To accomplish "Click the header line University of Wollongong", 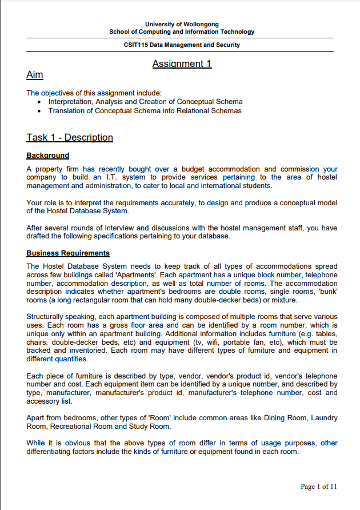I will point(181,24).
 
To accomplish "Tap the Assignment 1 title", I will point(182,64).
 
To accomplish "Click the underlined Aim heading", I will point(35,75).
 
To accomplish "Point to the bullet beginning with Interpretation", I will point(145,102).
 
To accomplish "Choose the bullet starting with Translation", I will point(145,111).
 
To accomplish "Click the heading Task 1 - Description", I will point(70,138).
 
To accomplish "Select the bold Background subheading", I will point(47,156).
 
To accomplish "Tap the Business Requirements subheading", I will point(68,253).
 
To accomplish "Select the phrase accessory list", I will point(47,401).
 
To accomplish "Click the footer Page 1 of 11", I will point(319,487).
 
